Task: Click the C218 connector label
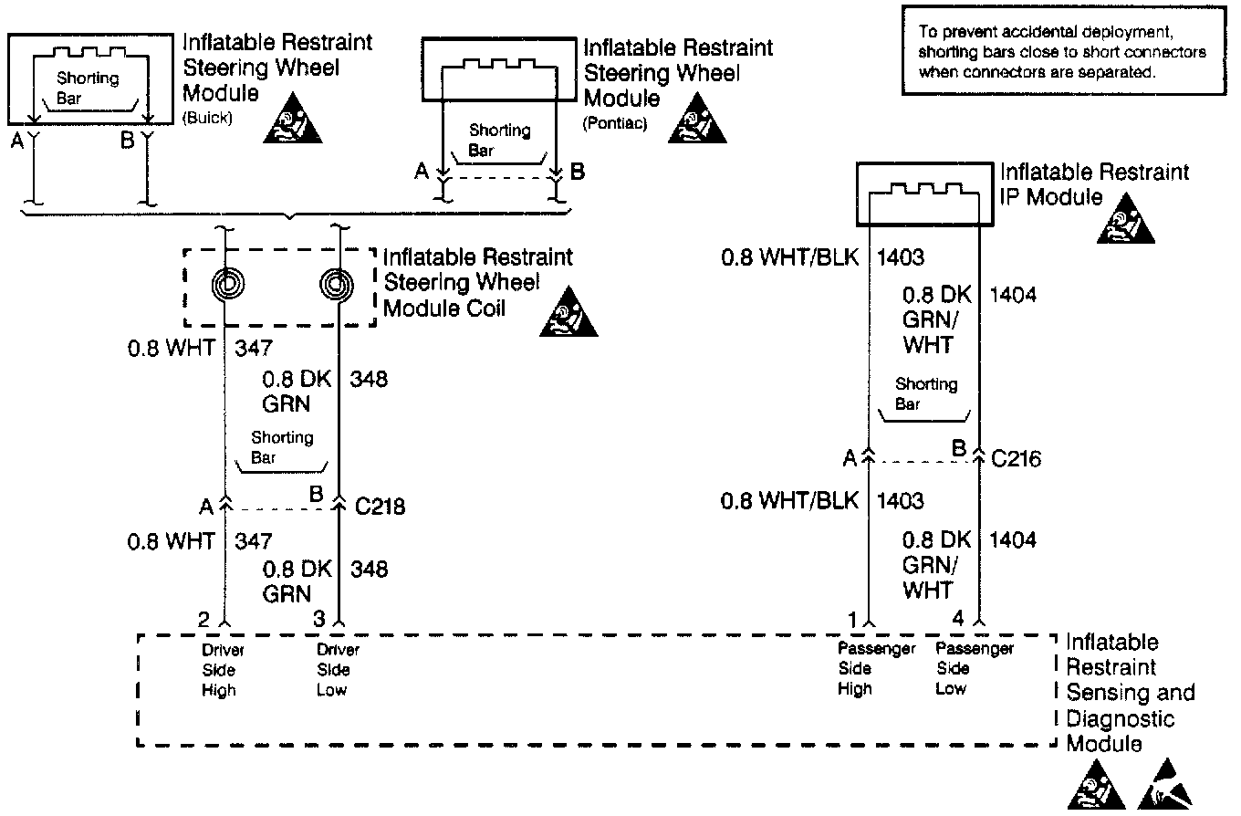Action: pos(380,507)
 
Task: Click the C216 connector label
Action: pos(1016,459)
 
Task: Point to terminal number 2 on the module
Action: pos(204,620)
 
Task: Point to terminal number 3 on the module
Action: pos(318,620)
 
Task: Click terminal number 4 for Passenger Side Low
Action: pos(958,620)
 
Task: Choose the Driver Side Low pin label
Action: pos(338,670)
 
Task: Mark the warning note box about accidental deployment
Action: pos(1062,53)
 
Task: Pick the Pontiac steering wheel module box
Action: pos(498,69)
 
